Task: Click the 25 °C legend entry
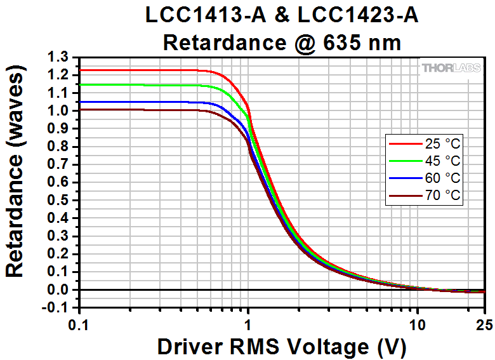[425, 143]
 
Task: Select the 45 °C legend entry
[425, 160]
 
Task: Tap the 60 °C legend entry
[425, 178]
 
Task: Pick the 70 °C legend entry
[425, 196]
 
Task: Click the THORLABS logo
[451, 67]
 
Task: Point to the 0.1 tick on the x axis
[79, 323]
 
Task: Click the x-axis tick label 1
[248, 323]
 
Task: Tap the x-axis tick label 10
[417, 323]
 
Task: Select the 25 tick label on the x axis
[484, 323]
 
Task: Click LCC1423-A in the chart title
[362, 15]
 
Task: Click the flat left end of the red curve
[127, 70]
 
